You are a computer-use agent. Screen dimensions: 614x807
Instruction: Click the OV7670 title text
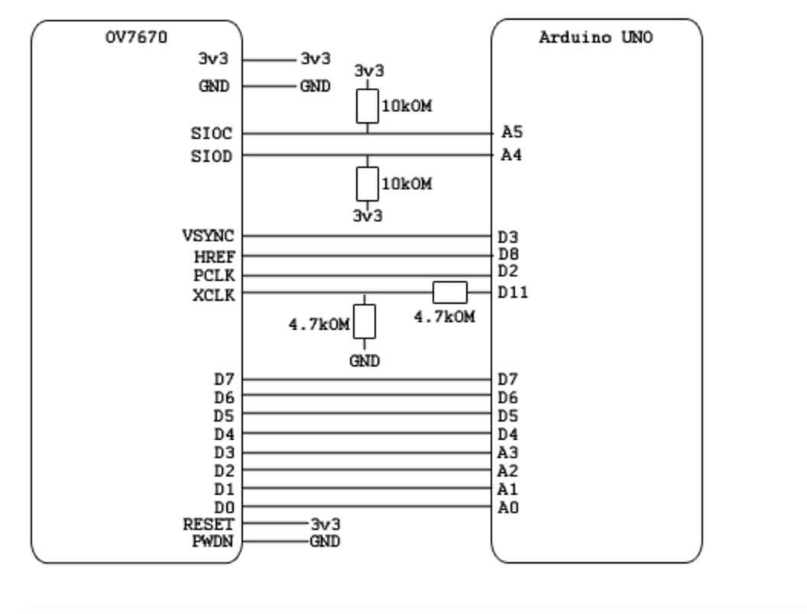[136, 37]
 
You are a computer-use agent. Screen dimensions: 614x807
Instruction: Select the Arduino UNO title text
[595, 37]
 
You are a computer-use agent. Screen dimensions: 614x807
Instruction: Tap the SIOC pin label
[212, 134]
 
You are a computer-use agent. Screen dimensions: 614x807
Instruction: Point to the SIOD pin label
[212, 157]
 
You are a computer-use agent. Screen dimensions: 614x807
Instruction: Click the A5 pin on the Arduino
[512, 133]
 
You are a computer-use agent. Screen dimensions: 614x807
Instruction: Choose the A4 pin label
[512, 156]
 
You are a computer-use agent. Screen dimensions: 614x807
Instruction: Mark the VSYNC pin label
[208, 236]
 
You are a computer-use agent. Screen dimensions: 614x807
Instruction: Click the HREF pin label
[219, 257]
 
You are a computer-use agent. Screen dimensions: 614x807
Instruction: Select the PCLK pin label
[214, 276]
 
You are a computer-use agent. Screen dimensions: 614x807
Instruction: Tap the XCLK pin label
[214, 296]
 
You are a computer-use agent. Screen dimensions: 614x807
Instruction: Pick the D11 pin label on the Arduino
[513, 292]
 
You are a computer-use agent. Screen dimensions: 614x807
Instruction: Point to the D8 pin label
[508, 254]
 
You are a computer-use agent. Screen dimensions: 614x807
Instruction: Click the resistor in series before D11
[449, 292]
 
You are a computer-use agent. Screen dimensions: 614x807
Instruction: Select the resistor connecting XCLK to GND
[365, 322]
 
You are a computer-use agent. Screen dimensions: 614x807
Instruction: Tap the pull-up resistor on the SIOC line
[368, 106]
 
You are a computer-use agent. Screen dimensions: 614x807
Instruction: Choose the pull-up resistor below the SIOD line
[368, 183]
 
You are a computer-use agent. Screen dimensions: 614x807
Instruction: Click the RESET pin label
[209, 525]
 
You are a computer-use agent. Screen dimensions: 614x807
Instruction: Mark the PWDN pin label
[212, 541]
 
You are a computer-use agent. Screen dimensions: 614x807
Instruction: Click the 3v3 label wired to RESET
[326, 525]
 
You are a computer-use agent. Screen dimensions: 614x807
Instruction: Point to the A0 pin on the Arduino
[508, 507]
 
